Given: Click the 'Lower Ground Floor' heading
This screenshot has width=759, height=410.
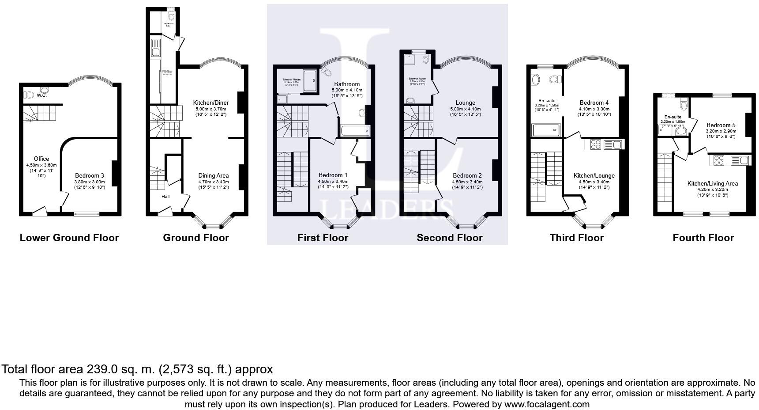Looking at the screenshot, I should [x=69, y=238].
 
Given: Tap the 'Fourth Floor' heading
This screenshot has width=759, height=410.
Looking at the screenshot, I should [x=703, y=238].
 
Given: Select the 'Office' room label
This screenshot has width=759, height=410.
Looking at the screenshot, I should [x=41, y=159].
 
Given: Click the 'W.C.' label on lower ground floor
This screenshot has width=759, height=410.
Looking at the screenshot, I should [x=42, y=95].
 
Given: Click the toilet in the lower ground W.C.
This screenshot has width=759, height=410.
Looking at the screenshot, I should [x=30, y=95].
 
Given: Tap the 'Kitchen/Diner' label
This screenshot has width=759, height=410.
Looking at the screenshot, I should [x=211, y=103].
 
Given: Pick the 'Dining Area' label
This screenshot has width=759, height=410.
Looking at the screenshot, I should [x=214, y=175].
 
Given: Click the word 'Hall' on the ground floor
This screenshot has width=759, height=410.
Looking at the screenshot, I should [x=165, y=197].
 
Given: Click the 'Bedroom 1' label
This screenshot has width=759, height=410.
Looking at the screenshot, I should [x=333, y=175].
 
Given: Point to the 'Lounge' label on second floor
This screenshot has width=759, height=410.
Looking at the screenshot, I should [x=465, y=103].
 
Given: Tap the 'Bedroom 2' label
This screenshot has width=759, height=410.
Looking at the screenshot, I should [x=467, y=175].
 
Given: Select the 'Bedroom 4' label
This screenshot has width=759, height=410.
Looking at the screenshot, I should [x=594, y=103].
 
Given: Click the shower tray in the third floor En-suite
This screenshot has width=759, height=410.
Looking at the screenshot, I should [x=546, y=130].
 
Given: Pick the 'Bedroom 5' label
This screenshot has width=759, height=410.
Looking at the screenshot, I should [x=721, y=125].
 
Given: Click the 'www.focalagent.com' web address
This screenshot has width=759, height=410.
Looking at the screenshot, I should [x=547, y=404].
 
